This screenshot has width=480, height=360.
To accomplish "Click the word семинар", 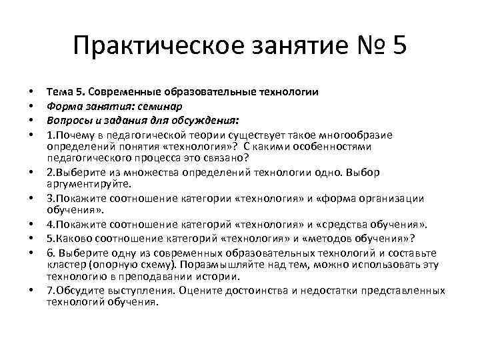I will pos(162,105).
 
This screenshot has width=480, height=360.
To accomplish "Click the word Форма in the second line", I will pos(63,105).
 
